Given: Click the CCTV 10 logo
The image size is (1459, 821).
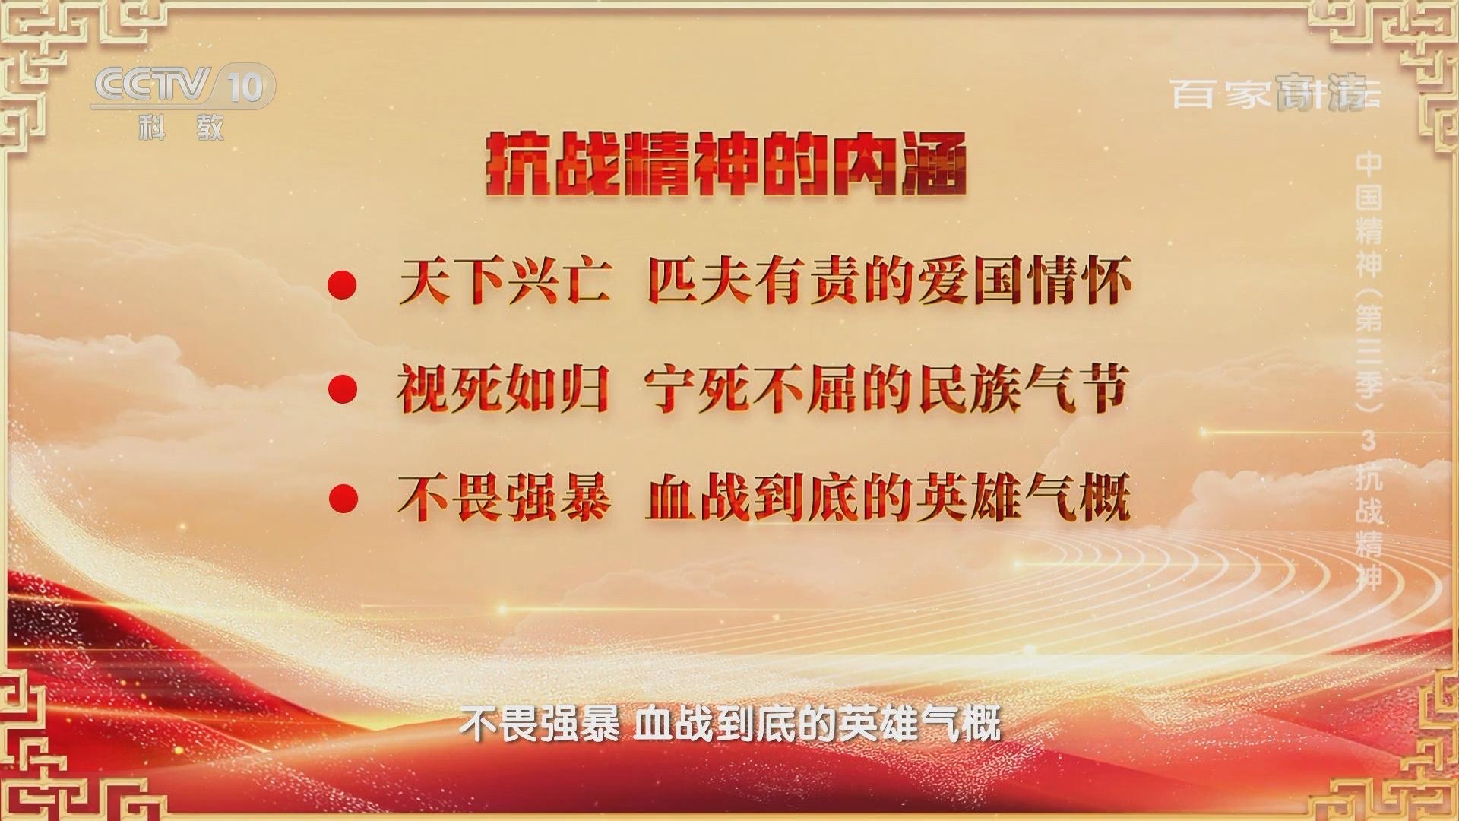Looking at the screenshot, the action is [x=182, y=86].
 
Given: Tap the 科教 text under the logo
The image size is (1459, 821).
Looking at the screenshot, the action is [x=182, y=128].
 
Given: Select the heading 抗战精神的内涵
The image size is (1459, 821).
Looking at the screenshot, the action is [x=726, y=164].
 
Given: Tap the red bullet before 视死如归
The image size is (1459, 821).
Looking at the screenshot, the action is [x=342, y=390].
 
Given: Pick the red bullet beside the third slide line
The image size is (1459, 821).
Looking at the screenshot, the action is [x=342, y=499].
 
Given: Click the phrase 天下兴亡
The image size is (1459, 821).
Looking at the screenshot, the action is [x=505, y=282].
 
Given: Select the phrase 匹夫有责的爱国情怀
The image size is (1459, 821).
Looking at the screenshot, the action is [x=889, y=282].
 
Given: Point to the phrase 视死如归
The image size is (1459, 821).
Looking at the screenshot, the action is [x=503, y=390].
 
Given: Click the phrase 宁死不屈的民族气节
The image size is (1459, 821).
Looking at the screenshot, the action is [x=887, y=390].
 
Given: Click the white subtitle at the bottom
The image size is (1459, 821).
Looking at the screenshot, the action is [x=729, y=724].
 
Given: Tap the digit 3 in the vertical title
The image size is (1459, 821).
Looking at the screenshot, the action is [x=1369, y=440].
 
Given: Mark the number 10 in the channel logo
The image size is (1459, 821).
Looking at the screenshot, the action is [x=245, y=87].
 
